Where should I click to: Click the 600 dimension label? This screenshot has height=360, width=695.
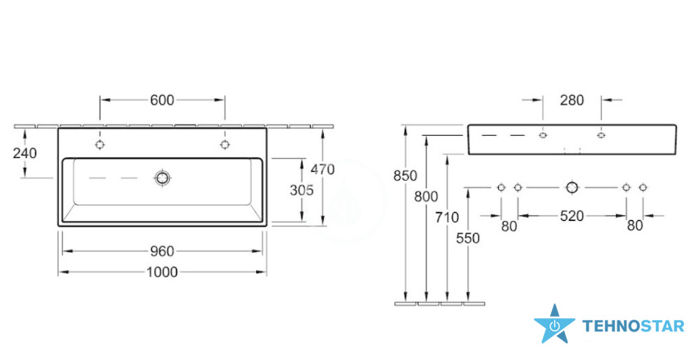[162, 100]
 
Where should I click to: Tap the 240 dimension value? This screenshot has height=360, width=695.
[25, 153]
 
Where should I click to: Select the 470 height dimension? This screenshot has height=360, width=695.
[323, 169]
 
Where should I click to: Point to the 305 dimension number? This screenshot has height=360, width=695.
[302, 190]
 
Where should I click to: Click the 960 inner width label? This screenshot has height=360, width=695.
[162, 251]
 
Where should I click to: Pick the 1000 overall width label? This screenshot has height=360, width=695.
[162, 272]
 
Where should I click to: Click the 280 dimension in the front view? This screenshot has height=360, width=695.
[572, 100]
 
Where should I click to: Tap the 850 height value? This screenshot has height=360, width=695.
[406, 176]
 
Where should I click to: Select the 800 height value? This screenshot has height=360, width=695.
[426, 196]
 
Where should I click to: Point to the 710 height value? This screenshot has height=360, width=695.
[447, 218]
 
